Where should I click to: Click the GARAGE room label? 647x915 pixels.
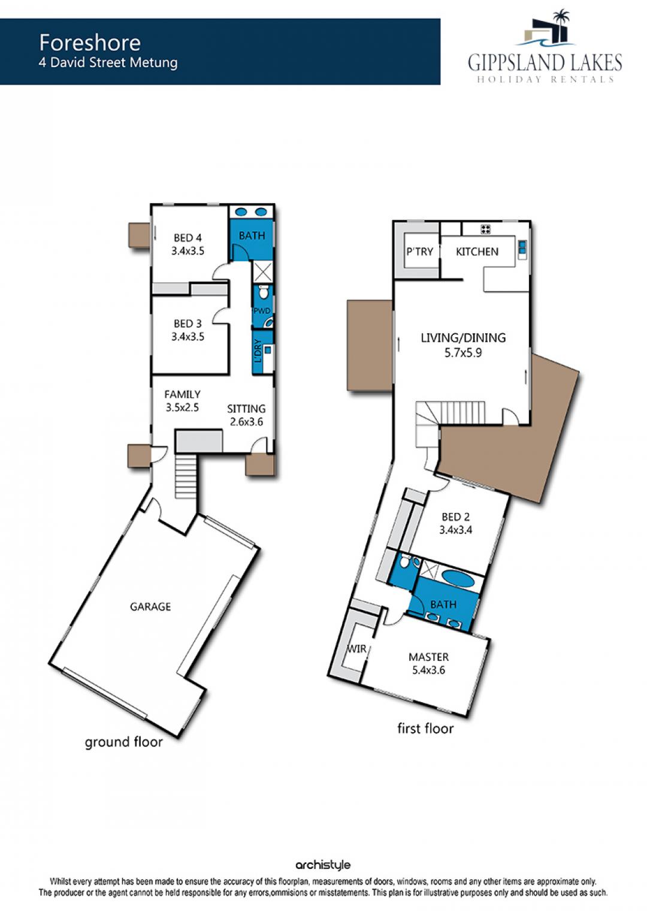pyautogui.click(x=150, y=606)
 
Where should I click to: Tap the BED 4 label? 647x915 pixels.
pyautogui.click(x=188, y=237)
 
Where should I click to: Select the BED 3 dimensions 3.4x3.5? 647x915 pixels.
pyautogui.click(x=188, y=337)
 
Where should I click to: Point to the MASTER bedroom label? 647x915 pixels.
pyautogui.click(x=428, y=657)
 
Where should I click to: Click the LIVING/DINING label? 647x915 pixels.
pyautogui.click(x=463, y=338)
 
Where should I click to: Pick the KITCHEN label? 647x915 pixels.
pyautogui.click(x=477, y=252)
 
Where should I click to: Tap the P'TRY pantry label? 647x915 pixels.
pyautogui.click(x=419, y=252)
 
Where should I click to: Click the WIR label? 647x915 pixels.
pyautogui.click(x=357, y=649)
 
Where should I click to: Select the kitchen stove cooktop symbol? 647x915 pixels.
pyautogui.click(x=485, y=229)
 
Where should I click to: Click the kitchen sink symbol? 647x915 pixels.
pyautogui.click(x=522, y=249)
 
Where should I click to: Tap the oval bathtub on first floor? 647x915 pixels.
pyautogui.click(x=459, y=578)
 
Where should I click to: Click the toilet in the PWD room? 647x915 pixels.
pyautogui.click(x=264, y=292)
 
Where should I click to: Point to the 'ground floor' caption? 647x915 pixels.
pyautogui.click(x=123, y=742)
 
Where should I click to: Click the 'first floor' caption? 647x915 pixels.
pyautogui.click(x=425, y=728)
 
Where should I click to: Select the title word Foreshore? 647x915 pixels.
pyautogui.click(x=90, y=43)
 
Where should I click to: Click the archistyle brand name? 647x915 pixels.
pyautogui.click(x=323, y=865)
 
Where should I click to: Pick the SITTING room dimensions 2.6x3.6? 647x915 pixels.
pyautogui.click(x=246, y=422)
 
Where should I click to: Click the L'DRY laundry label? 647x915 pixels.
pyautogui.click(x=258, y=351)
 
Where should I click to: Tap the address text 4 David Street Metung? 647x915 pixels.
pyautogui.click(x=108, y=63)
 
